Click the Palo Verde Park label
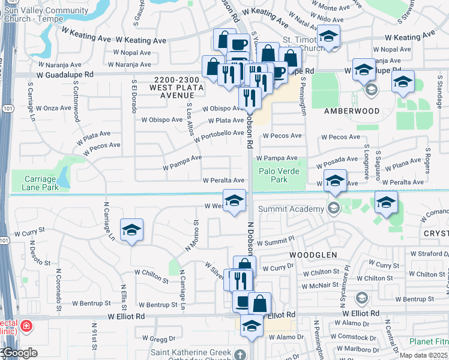point(279,175)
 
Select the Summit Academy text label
point(292,209)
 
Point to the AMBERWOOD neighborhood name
point(352,111)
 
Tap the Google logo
point(19,353)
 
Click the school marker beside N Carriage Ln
point(131,230)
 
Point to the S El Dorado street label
point(133,97)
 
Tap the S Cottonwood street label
point(76,101)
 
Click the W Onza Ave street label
point(53,108)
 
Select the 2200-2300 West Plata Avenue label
point(176,87)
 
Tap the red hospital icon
point(26,327)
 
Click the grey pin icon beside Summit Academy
point(333,208)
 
